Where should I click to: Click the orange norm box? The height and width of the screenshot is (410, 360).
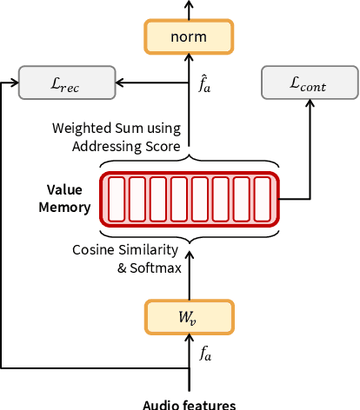(x=189, y=36)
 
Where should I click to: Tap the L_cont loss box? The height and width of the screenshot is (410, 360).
(x=310, y=83)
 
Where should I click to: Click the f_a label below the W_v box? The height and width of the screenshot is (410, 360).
(x=206, y=354)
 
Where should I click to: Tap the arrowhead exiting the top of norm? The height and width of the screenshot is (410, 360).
(x=189, y=5)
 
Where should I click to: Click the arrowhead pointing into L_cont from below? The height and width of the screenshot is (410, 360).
(x=310, y=103)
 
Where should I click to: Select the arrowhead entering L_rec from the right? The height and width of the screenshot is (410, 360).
(x=120, y=83)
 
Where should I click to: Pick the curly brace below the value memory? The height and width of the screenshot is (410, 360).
(x=189, y=235)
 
